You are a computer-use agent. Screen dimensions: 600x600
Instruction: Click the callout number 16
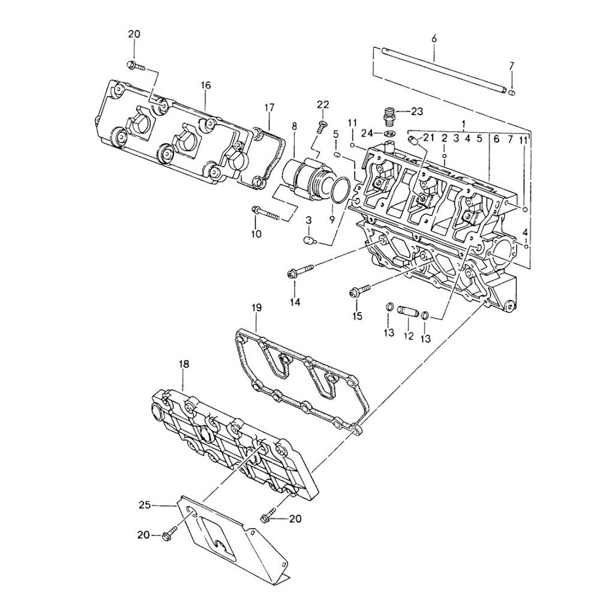(206, 86)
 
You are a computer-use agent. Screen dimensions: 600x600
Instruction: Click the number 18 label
(184, 364)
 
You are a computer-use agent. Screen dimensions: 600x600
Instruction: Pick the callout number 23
(417, 110)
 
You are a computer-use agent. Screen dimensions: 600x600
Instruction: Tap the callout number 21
(428, 138)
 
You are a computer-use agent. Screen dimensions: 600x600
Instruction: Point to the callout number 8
(294, 127)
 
